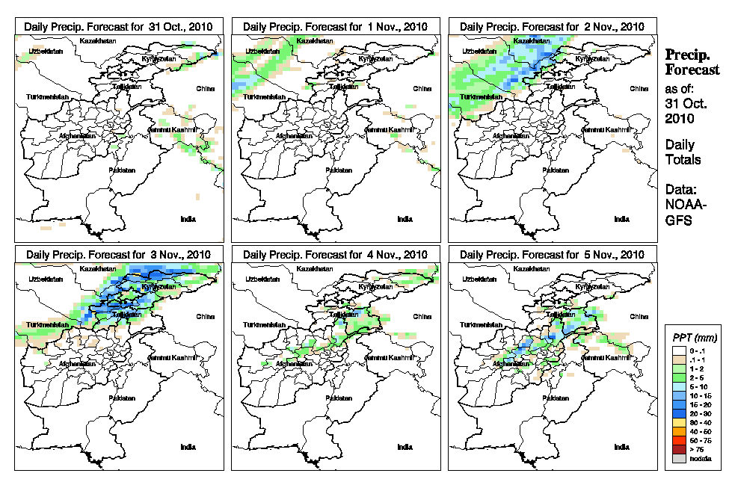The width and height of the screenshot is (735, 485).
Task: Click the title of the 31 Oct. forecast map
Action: click(x=118, y=26)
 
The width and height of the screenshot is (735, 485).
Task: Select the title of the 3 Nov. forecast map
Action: click(x=118, y=255)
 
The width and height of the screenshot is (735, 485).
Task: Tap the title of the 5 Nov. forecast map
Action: click(x=552, y=255)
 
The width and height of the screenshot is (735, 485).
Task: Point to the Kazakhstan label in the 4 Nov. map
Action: click(x=316, y=268)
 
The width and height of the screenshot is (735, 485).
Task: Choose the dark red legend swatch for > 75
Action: click(x=676, y=450)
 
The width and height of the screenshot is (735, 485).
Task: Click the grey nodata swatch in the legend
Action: click(x=676, y=458)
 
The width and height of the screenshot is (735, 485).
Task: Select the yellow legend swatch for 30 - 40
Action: click(x=676, y=423)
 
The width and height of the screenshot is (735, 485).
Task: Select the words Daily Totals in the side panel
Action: click(x=682, y=152)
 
